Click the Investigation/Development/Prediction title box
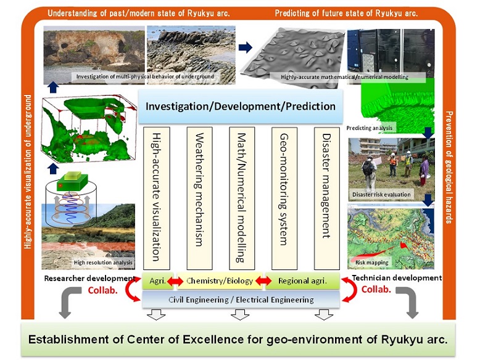coord(241,106)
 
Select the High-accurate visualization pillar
coord(157,198)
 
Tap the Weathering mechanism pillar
coord(199,198)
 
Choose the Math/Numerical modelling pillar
coord(242,198)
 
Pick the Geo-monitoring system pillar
coord(284,198)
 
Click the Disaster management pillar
coord(327,198)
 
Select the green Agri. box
coord(158,280)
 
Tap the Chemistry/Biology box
coord(220,280)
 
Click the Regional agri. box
coord(302,280)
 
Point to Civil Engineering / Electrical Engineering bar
coord(241,300)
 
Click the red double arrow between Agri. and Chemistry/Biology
coord(175,281)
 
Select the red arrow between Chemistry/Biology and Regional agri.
coord(263,280)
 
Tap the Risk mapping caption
coord(371,263)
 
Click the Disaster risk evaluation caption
coord(381,195)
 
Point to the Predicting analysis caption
coord(369,128)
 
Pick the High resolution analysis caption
coord(103,263)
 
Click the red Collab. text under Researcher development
coord(102,290)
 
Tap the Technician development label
coord(397,278)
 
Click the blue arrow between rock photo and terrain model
coord(245,47)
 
